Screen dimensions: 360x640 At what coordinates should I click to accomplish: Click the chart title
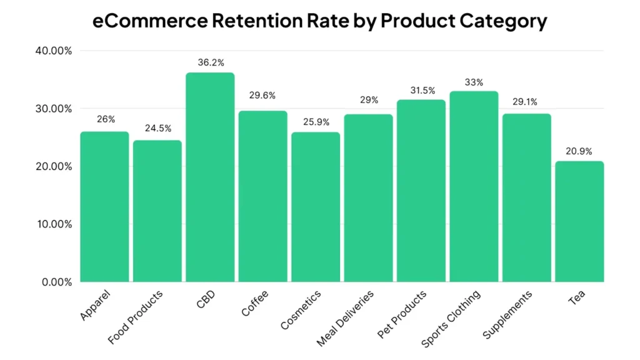coord(319,21)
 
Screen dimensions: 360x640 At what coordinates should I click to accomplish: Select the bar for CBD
coord(210,177)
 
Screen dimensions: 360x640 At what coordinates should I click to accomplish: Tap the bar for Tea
coord(579,222)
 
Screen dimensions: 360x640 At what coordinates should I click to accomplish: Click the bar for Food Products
coord(157,211)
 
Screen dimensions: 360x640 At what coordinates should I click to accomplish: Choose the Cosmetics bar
coord(316,207)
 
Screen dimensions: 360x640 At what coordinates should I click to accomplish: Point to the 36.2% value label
coord(210,62)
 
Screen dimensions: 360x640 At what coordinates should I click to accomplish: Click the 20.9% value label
coord(579,151)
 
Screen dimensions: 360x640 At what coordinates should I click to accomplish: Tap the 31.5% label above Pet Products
coord(421,91)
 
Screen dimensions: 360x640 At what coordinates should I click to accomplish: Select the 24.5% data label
coord(157,129)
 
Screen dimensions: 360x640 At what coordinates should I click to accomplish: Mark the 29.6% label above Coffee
coord(262,96)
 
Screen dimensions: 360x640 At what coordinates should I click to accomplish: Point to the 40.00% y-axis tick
coord(52,51)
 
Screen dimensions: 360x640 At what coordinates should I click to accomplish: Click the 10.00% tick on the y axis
coord(52,224)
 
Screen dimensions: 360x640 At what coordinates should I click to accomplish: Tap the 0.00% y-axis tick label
coord(55,282)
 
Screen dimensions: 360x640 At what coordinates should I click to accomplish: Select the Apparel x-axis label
coord(96,305)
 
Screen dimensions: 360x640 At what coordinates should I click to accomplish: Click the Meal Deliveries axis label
coord(346,317)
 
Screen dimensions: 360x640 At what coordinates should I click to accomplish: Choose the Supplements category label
coord(508,314)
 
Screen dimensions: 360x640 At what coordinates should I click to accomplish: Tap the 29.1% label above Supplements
coord(526,101)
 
